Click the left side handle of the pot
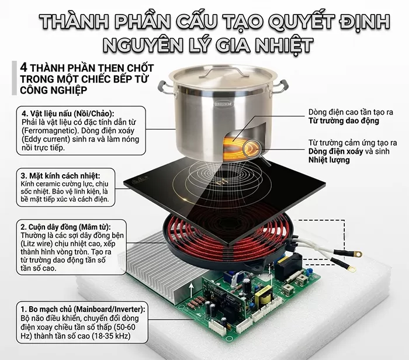(x=168, y=89)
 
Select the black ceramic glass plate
(x=175, y=187)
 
